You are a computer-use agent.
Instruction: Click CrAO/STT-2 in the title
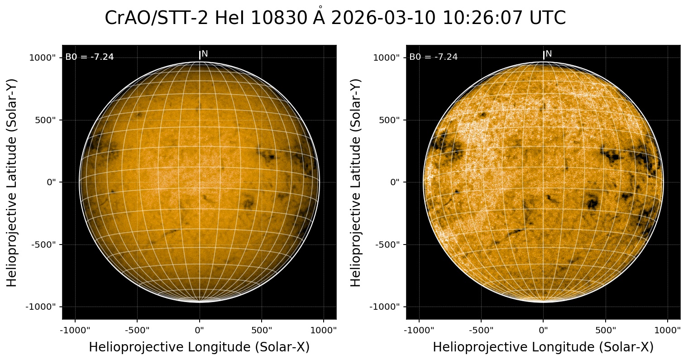click(157, 19)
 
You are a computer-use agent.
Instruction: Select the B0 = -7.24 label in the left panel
click(90, 57)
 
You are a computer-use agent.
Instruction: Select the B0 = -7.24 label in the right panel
click(434, 57)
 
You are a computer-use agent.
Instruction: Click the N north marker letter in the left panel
click(205, 54)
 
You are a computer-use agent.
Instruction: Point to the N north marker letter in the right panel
click(549, 54)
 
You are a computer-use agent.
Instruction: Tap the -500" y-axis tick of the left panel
click(43, 245)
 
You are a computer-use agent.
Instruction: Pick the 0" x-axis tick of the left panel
click(200, 330)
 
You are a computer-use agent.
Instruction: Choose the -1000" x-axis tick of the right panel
click(419, 330)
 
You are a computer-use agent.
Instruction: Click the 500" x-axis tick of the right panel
click(606, 330)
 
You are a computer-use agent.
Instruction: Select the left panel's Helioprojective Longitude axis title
click(199, 347)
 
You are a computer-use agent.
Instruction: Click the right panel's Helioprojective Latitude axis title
click(356, 182)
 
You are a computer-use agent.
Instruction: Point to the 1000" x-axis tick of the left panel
click(324, 330)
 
